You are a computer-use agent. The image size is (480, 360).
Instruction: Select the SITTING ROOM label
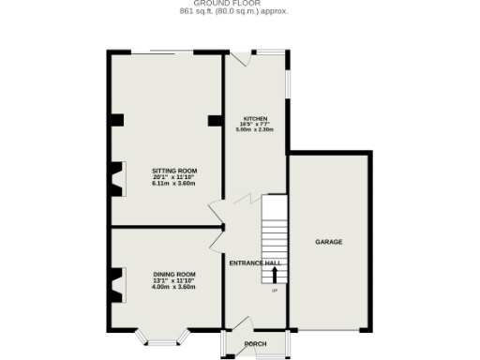tap(166, 172)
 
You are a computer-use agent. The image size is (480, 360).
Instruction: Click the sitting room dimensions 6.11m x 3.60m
tap(166, 183)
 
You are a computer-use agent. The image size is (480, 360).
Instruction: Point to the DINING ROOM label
tap(166, 275)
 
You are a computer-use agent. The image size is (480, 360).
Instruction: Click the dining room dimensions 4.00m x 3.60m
tap(166, 286)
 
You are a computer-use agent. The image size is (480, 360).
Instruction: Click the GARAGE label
tap(328, 242)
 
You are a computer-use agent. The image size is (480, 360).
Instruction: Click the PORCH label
tap(255, 344)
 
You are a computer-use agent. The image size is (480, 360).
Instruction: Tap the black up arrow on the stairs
tap(275, 274)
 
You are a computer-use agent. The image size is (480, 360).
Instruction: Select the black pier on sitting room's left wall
tap(116, 119)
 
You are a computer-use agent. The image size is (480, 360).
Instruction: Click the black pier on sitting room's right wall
tap(214, 119)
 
